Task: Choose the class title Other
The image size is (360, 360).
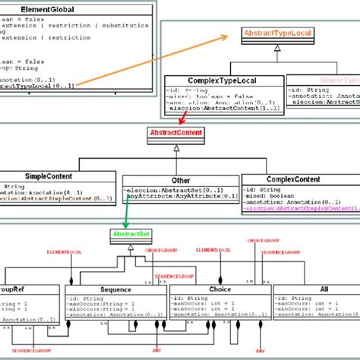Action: [x=180, y=180]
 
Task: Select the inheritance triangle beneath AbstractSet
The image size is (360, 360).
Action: [x=130, y=248]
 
